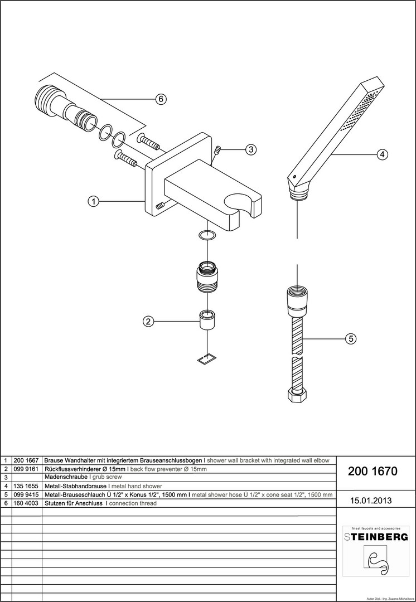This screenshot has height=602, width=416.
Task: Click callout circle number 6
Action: pos(161,99)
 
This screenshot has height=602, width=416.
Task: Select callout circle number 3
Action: pos(250,149)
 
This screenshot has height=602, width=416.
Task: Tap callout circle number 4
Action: pos(382,154)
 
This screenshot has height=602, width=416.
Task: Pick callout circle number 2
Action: pos(148,322)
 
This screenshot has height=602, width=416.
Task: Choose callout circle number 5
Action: pos(351,339)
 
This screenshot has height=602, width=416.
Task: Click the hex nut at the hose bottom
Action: pos(297,395)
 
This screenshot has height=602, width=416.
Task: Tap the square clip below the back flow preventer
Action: pos(207,359)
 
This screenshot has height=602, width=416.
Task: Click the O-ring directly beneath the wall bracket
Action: pos(206,235)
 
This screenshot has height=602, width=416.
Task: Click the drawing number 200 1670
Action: pos(372,472)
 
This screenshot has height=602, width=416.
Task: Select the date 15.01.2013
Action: pos(371,500)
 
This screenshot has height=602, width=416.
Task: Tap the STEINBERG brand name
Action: pos(376,537)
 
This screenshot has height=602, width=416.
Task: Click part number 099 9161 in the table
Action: pos(26,469)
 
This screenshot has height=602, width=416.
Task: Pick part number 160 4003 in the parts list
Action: pos(26,503)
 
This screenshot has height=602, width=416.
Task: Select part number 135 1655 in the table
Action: pos(26,486)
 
